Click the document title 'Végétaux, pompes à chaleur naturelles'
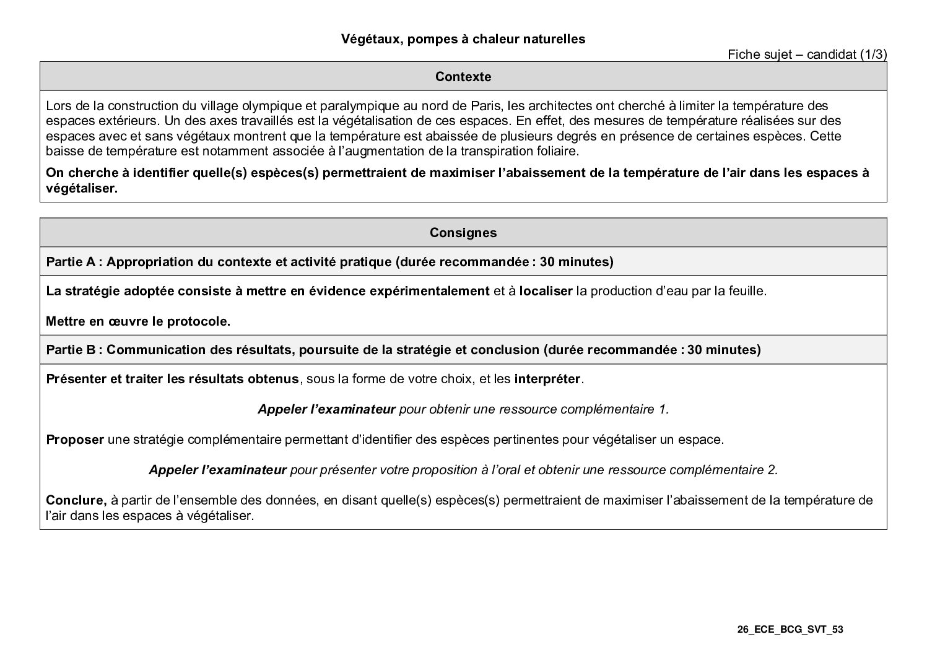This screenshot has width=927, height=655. [463, 39]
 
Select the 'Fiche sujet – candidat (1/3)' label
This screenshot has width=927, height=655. [807, 54]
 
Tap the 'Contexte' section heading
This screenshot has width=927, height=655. [463, 77]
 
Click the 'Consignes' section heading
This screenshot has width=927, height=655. [463, 233]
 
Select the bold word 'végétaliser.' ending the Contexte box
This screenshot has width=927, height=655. [81, 189]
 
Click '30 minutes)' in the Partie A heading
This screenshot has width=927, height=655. [577, 262]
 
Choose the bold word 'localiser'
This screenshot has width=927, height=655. [546, 291]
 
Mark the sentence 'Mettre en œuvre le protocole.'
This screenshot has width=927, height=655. [138, 321]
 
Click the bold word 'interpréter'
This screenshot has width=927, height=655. [547, 379]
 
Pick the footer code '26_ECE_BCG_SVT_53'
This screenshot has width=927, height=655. [790, 630]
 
